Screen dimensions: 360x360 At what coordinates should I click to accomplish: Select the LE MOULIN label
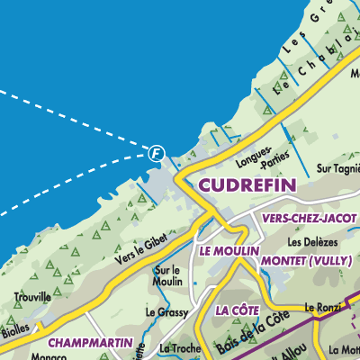coord(229,250)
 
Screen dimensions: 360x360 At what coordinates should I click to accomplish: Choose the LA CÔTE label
coord(238,310)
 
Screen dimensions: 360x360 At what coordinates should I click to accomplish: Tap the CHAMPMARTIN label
coord(90,343)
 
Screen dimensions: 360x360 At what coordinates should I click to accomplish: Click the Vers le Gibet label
coord(141,249)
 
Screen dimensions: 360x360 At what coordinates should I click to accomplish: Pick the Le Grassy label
coord(166,312)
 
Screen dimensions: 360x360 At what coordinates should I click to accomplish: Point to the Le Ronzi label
coord(321,307)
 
